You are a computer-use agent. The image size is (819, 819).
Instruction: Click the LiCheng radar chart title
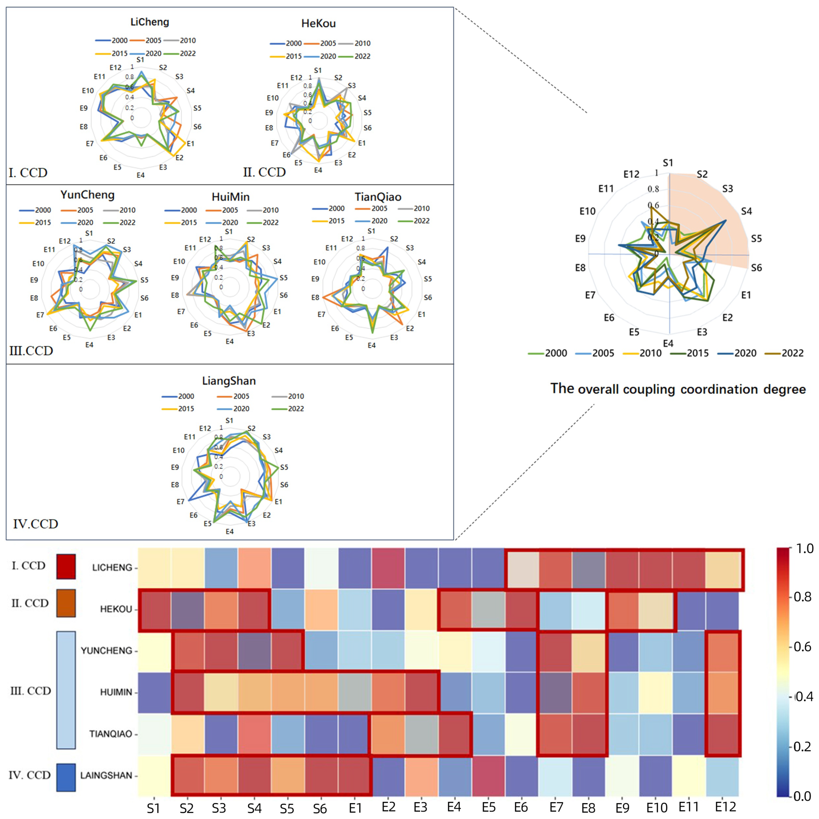[x=150, y=22]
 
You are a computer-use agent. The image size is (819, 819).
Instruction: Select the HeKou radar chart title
[x=318, y=24]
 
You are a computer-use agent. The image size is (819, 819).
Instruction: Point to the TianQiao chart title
[x=378, y=197]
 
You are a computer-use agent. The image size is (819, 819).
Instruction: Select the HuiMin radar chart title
[x=231, y=197]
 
